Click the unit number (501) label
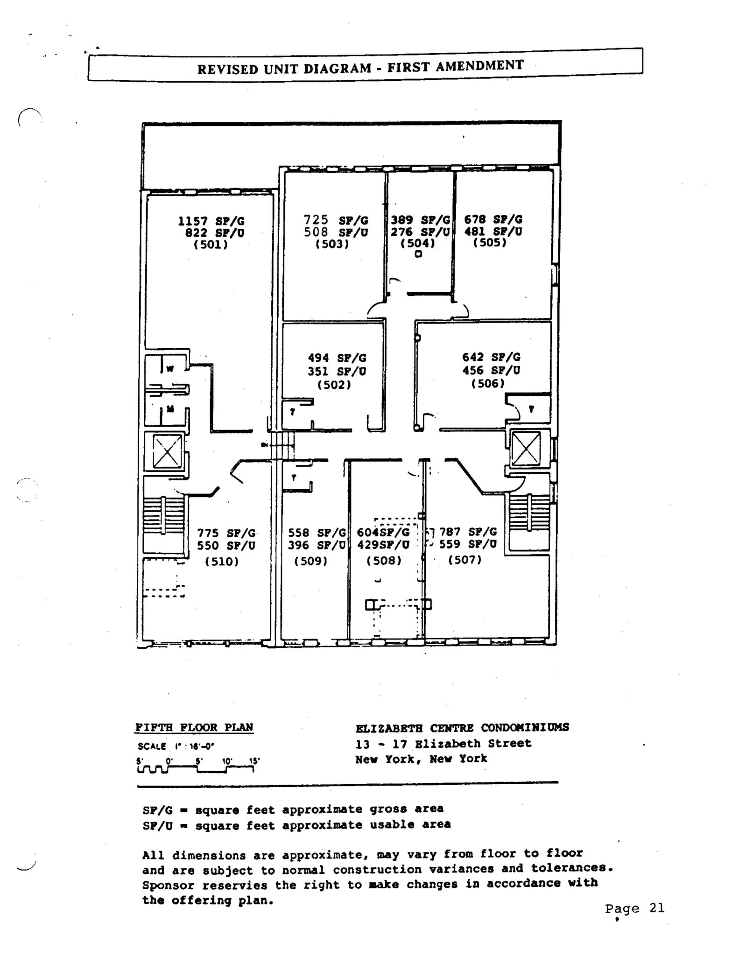[x=211, y=245]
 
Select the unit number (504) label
[x=418, y=243]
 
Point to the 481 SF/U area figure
[x=493, y=232]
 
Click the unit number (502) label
[x=334, y=385]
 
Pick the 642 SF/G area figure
[x=491, y=357]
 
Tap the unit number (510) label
[x=222, y=562]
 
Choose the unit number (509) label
[x=310, y=561]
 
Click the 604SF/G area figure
[x=383, y=532]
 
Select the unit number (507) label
[x=465, y=560]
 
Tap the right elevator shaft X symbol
[x=526, y=449]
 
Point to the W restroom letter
[x=170, y=369]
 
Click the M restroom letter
[x=170, y=409]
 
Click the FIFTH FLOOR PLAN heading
[x=194, y=727]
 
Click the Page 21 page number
[x=634, y=908]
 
